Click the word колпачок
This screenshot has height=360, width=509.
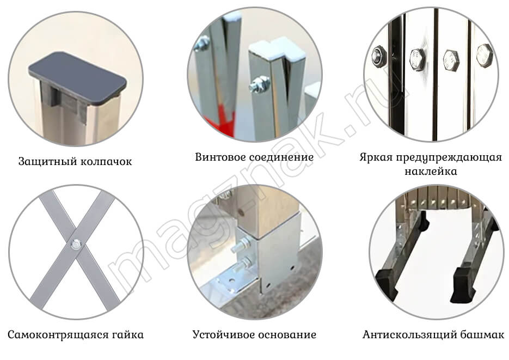point(106,162)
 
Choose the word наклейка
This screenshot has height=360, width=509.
point(431,172)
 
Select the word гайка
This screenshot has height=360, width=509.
point(128,335)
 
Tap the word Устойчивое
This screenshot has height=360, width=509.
point(222,335)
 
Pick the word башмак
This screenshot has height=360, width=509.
point(481,335)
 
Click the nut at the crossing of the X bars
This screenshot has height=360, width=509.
point(77,244)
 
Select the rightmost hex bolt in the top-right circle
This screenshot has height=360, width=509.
point(485,56)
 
